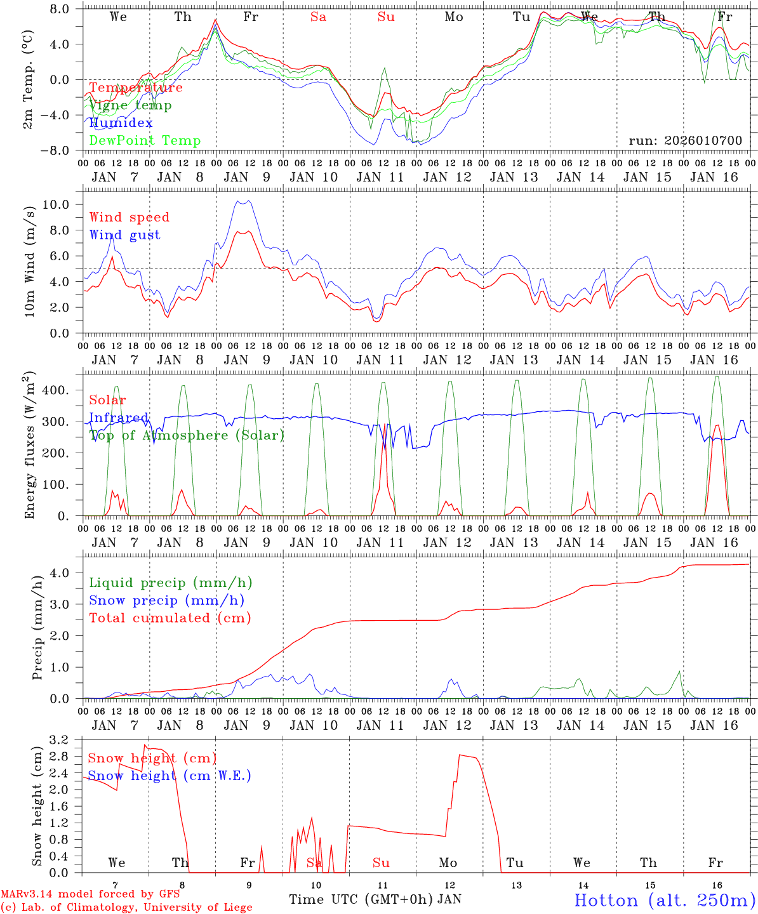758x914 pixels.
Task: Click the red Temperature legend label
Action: (x=136, y=88)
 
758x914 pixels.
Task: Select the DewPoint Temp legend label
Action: (x=145, y=141)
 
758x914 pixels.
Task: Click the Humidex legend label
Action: (x=121, y=123)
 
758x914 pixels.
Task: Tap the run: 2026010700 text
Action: (x=685, y=141)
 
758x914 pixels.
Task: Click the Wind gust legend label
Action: (x=124, y=235)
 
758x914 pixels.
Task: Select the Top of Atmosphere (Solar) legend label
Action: (x=186, y=435)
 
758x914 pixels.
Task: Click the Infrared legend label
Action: (x=119, y=418)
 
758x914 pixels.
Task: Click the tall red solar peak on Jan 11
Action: (x=385, y=425)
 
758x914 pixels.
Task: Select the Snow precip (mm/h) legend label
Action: (x=166, y=600)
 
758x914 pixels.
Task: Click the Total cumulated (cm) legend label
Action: (x=170, y=618)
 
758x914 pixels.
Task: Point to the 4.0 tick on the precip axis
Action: (x=60, y=573)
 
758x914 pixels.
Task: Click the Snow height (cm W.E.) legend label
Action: (x=169, y=776)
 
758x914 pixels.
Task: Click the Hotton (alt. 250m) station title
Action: (x=664, y=900)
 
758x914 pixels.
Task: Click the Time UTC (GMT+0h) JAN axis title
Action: (x=375, y=899)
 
